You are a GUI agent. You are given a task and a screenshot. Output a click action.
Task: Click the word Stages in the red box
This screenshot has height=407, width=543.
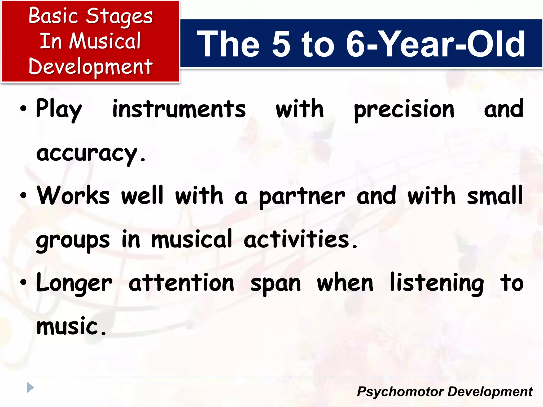click(x=119, y=16)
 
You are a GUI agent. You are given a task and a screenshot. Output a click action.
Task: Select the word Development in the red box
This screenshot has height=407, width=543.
click(x=90, y=66)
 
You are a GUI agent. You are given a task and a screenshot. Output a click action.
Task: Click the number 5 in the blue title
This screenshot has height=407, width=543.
click(x=281, y=44)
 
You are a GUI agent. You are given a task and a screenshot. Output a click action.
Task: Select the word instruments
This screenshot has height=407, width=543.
click(x=179, y=109)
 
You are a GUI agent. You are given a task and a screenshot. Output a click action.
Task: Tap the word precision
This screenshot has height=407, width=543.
click(x=404, y=109)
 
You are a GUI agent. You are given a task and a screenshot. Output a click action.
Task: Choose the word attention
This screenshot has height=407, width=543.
click(x=181, y=283)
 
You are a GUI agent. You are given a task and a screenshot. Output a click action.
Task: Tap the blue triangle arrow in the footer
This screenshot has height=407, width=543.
click(x=30, y=388)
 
